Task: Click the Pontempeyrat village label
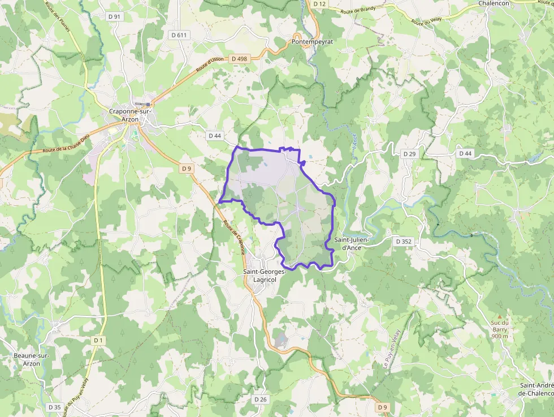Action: point(312,42)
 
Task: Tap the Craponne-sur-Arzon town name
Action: point(131,115)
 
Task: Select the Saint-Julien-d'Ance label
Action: point(352,244)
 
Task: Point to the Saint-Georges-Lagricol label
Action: point(265,275)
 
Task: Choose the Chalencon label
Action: point(494,3)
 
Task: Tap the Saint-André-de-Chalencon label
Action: point(536,389)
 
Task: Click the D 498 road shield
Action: point(240,59)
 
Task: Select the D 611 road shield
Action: point(179,35)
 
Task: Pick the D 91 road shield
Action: point(114,17)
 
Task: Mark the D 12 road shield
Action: point(319,4)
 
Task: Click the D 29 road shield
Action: point(409,154)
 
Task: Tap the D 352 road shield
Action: point(404,242)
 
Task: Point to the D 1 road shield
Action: point(99,340)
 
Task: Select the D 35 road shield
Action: point(54,407)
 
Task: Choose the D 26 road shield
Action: point(260,399)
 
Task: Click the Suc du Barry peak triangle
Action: point(499,316)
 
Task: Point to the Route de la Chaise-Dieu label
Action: point(66,144)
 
